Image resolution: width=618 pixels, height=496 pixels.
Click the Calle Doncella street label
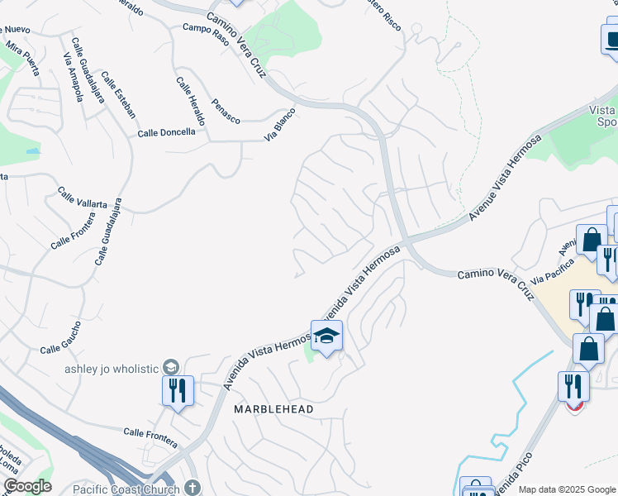click(x=166, y=132)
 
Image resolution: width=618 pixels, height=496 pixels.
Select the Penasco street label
click(x=226, y=114)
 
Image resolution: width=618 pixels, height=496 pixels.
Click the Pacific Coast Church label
click(x=126, y=489)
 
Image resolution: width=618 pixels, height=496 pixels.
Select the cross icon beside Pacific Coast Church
click(x=193, y=489)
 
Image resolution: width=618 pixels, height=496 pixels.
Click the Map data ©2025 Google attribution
click(x=567, y=489)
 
